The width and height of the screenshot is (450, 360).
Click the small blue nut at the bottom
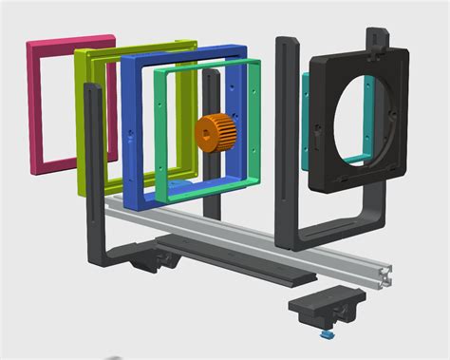tap(327, 333)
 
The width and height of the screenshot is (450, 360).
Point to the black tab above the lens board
tap(378, 38)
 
